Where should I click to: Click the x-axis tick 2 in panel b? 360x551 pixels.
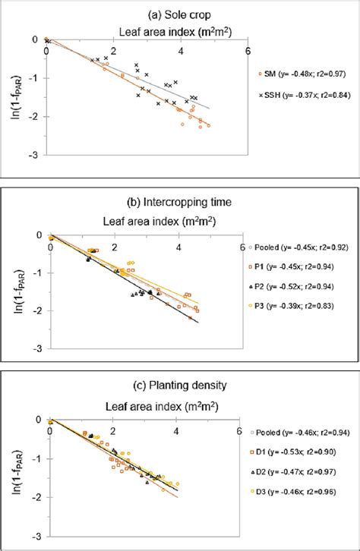[x=115, y=247]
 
